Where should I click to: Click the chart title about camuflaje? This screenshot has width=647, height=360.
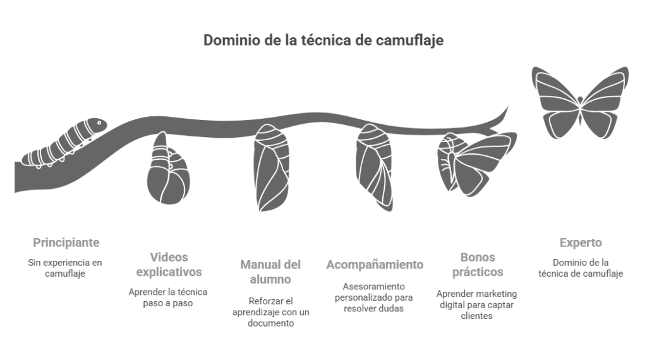point(323,40)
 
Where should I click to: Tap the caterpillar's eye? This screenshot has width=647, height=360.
point(99,123)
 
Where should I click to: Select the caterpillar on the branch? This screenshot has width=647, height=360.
point(64,143)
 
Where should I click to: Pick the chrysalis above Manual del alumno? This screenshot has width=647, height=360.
point(270,168)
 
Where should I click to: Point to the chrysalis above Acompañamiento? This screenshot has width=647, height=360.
point(374,167)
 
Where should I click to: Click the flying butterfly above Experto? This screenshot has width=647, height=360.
point(580,103)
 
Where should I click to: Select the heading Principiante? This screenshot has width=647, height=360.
point(66,243)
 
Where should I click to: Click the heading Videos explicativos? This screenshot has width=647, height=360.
point(169,265)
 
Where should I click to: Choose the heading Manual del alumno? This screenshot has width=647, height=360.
point(270,272)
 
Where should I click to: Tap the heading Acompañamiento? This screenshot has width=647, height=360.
point(375,265)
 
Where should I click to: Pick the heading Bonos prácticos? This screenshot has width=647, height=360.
point(478,265)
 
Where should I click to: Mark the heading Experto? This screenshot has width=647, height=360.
point(581,243)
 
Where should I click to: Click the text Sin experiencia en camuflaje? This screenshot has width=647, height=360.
point(65,268)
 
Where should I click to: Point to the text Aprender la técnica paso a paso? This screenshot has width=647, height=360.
point(168,297)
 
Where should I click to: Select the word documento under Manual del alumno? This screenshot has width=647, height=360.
point(270,323)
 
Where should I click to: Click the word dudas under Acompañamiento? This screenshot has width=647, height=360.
point(390,308)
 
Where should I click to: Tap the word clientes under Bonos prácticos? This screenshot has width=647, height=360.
point(476,316)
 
